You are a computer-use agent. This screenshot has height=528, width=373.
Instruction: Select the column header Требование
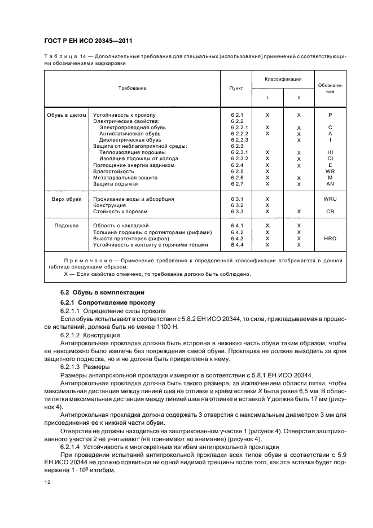[132, 89]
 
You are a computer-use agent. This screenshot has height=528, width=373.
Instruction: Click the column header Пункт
[236, 89]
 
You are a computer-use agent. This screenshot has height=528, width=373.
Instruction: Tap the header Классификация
[283, 79]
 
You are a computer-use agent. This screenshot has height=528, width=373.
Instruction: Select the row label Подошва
[66, 226]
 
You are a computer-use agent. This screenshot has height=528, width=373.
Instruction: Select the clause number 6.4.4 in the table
[236, 245]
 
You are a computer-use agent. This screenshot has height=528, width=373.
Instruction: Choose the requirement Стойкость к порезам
[120, 212]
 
